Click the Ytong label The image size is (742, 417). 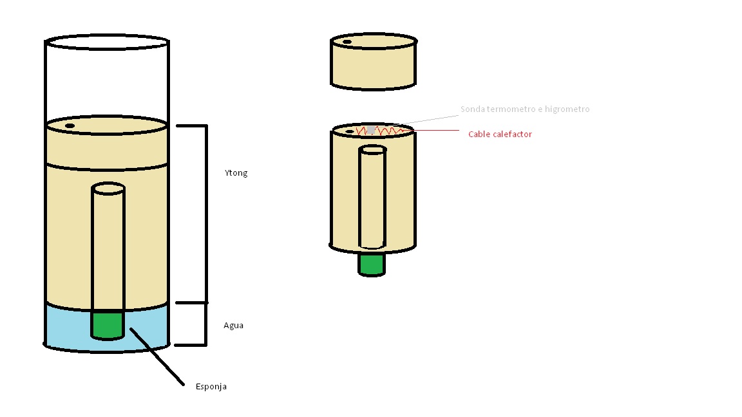pyautogui.click(x=236, y=173)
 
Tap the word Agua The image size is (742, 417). pyautogui.click(x=233, y=325)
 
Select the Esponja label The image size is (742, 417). pyautogui.click(x=211, y=386)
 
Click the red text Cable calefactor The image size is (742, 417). pyautogui.click(x=500, y=134)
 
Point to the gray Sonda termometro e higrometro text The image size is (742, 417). pyautogui.click(x=525, y=109)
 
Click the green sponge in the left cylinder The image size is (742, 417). pyautogui.click(x=108, y=325)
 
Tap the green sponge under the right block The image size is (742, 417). pyautogui.click(x=372, y=264)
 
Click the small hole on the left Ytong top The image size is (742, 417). pyautogui.click(x=70, y=125)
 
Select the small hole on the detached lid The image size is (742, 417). pyautogui.click(x=347, y=42)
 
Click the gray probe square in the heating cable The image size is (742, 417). pyautogui.click(x=371, y=129)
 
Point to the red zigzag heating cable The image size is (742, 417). pyautogui.click(x=381, y=131)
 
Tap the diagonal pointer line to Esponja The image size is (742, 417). pyautogui.click(x=157, y=357)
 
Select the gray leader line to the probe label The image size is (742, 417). pyautogui.click(x=428, y=120)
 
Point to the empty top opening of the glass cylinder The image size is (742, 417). pyautogui.click(x=107, y=42)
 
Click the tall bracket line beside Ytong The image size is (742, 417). pyautogui.click(x=206, y=214)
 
